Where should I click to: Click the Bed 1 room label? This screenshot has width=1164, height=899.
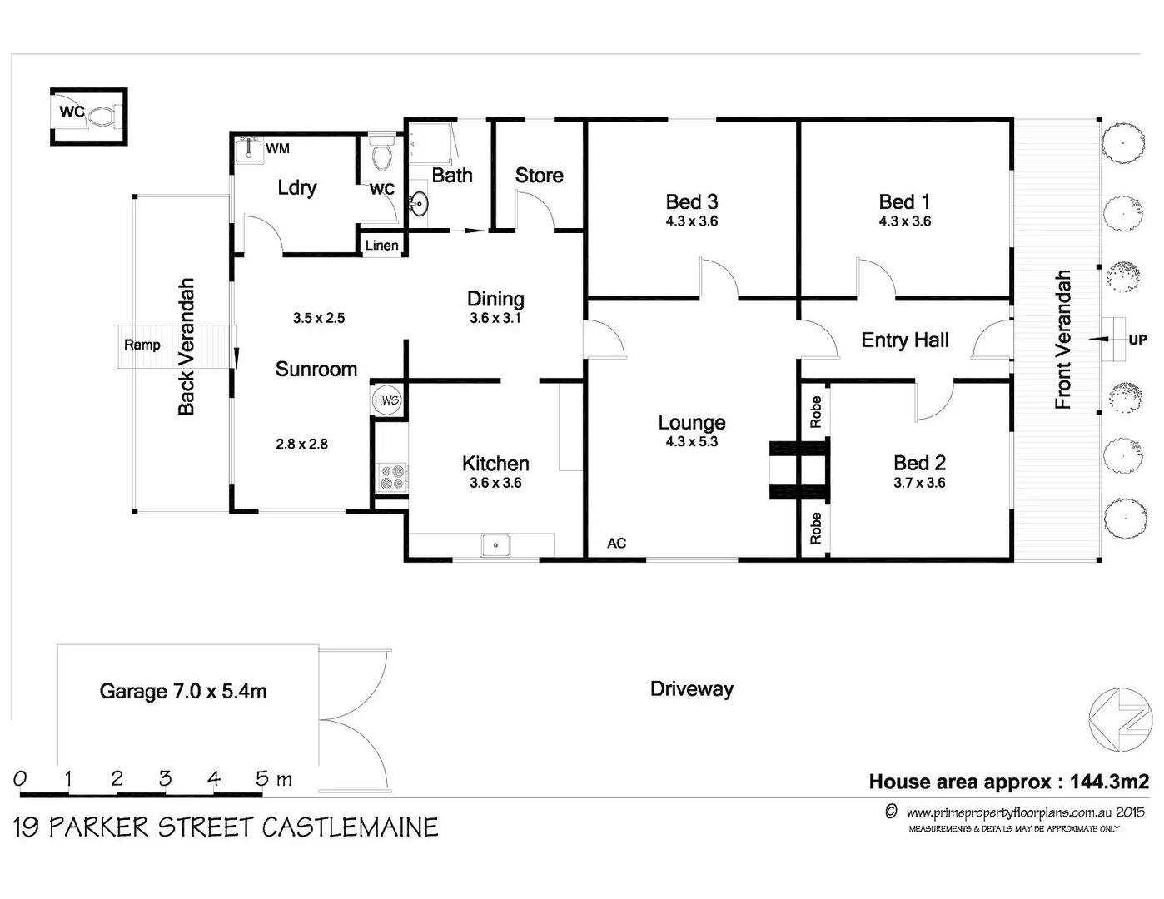[x=904, y=202]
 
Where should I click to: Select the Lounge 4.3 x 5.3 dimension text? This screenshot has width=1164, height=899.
[x=691, y=442]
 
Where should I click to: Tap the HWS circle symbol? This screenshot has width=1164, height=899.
[x=386, y=400]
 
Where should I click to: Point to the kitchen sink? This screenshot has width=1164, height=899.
[x=496, y=545]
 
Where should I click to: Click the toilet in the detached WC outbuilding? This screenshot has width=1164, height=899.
[x=102, y=115]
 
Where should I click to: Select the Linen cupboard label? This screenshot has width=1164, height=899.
[x=381, y=246]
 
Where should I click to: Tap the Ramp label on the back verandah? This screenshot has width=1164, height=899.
[x=142, y=345]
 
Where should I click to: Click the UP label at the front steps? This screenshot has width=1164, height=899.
[x=1137, y=340]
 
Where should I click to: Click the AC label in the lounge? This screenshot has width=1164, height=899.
[x=616, y=544]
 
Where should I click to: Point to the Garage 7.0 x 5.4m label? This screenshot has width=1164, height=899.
[x=183, y=692]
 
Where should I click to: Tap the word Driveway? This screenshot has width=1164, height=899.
[x=691, y=689]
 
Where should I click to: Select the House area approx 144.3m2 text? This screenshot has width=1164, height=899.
[x=1008, y=782]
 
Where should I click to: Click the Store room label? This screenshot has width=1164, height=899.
[x=539, y=176]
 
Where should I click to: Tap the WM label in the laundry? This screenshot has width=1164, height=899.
[x=277, y=149]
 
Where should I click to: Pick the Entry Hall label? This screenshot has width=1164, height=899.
[x=904, y=340]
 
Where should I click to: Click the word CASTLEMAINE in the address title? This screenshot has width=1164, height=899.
[x=350, y=827]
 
